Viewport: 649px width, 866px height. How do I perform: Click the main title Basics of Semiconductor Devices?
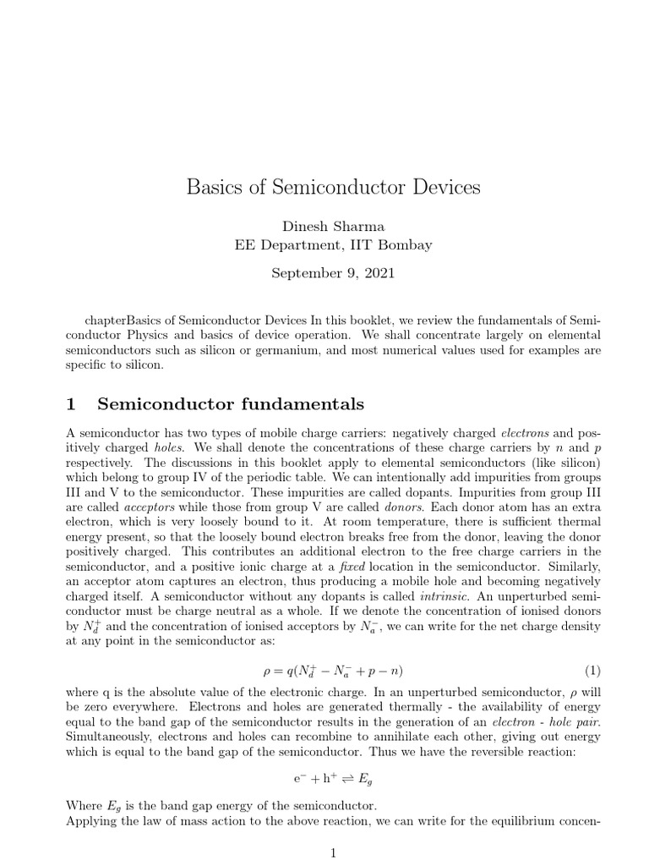pos(333,187)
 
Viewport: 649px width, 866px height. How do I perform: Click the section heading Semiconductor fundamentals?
pos(231,403)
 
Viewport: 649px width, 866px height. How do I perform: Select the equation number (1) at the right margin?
pos(592,647)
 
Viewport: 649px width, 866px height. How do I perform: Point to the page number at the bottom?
pos(333,854)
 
